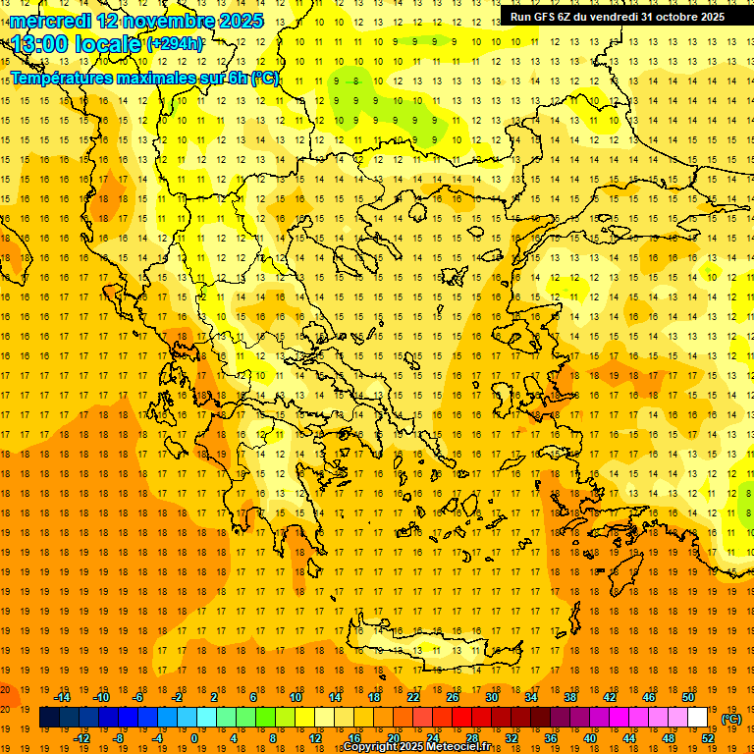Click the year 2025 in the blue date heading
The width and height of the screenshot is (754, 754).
click(239, 20)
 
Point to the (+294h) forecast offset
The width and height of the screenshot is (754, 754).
click(175, 44)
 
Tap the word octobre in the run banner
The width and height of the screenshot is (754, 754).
click(668, 16)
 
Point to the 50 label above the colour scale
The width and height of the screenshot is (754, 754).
click(687, 697)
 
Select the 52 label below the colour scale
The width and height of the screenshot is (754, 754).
click(707, 738)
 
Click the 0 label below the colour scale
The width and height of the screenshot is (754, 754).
click(193, 738)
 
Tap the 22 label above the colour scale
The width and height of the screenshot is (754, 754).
click(412, 697)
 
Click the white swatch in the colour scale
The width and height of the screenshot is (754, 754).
click(697, 718)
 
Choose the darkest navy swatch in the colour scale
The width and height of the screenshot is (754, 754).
click(49, 718)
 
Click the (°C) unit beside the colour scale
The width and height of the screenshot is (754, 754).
click(731, 719)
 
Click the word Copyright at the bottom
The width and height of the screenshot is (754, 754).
click(374, 747)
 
